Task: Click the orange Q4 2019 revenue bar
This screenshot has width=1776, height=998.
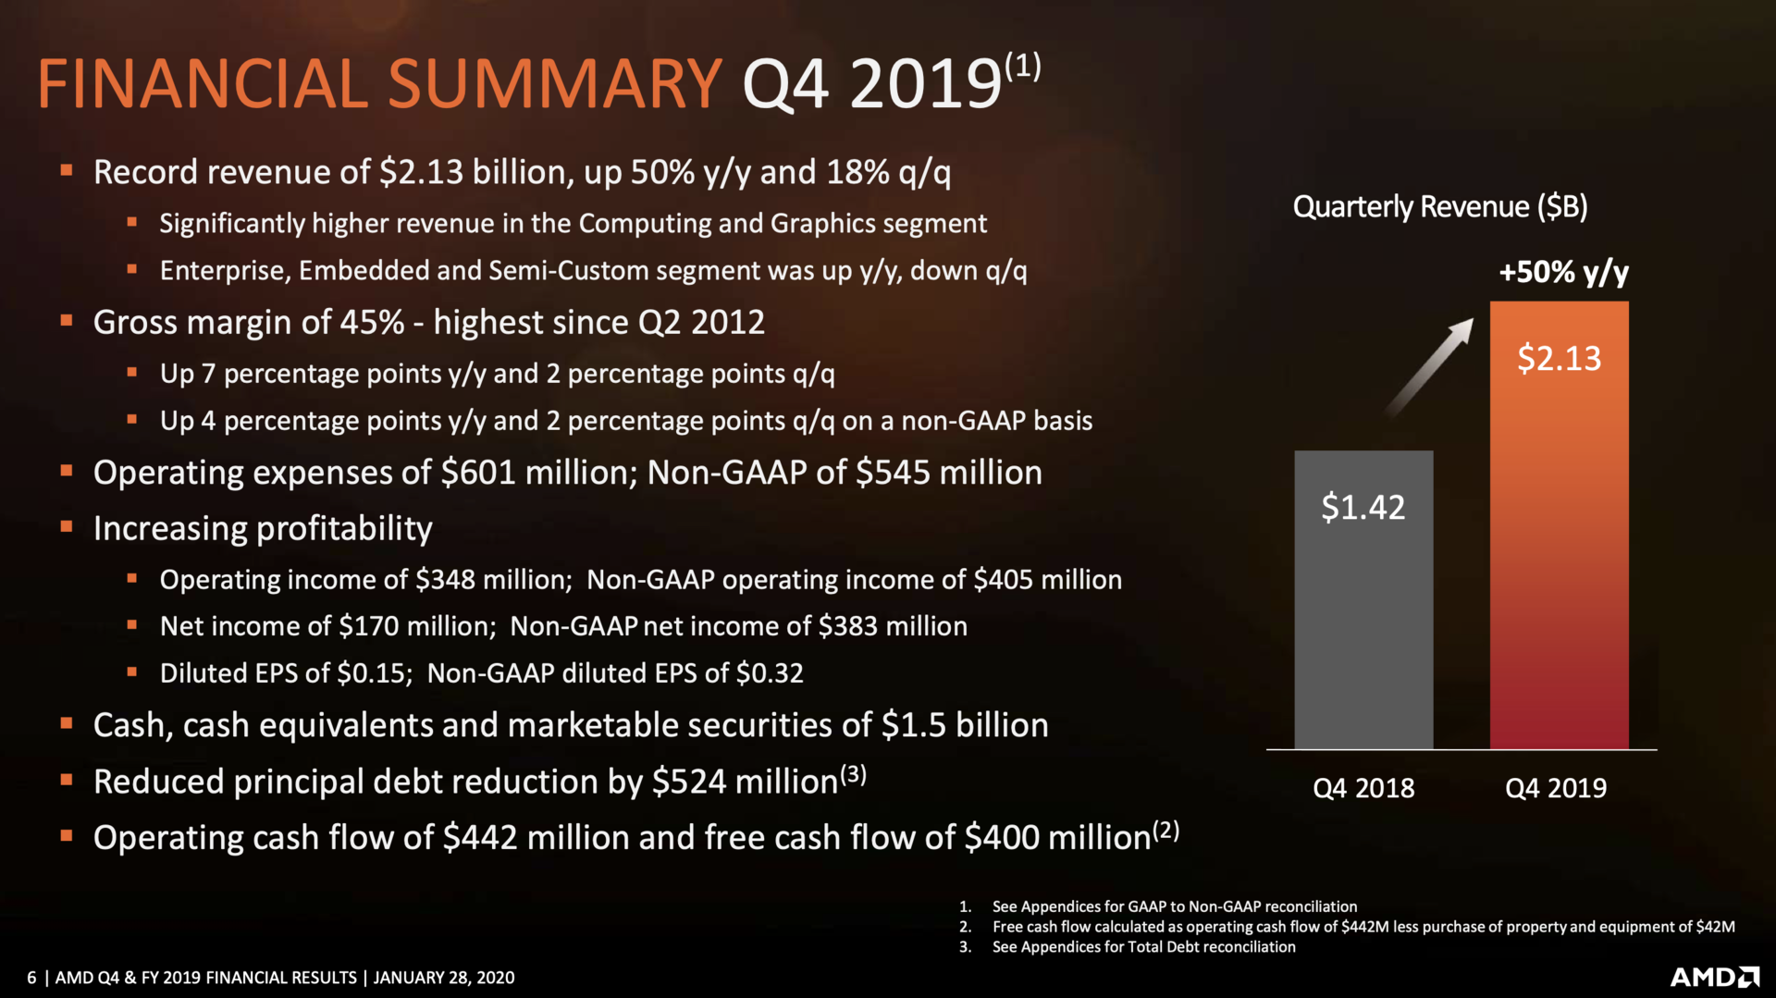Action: coord(1559,555)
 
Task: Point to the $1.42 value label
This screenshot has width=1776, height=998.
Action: coord(1363,507)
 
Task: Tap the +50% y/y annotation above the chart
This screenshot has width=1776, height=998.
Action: coord(1563,272)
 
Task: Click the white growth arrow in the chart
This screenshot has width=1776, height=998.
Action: coord(1429,367)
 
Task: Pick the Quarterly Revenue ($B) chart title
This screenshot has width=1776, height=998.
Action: coord(1439,206)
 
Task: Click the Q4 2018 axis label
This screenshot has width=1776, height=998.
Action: coord(1363,788)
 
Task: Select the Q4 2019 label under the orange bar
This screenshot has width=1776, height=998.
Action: coord(1556,788)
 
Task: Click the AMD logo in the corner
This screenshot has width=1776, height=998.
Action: coord(1714,977)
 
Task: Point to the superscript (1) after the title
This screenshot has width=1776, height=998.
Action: coord(1023,66)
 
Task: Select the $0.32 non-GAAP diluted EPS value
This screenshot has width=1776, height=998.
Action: coord(770,672)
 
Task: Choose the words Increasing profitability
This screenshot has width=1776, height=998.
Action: coord(263,528)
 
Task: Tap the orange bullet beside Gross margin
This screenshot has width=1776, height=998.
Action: coord(67,321)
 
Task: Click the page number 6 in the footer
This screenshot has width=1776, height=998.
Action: coord(31,978)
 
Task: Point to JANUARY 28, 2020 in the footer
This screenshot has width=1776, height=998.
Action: coord(444,978)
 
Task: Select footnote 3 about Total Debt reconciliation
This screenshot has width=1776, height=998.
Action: coord(1143,946)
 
